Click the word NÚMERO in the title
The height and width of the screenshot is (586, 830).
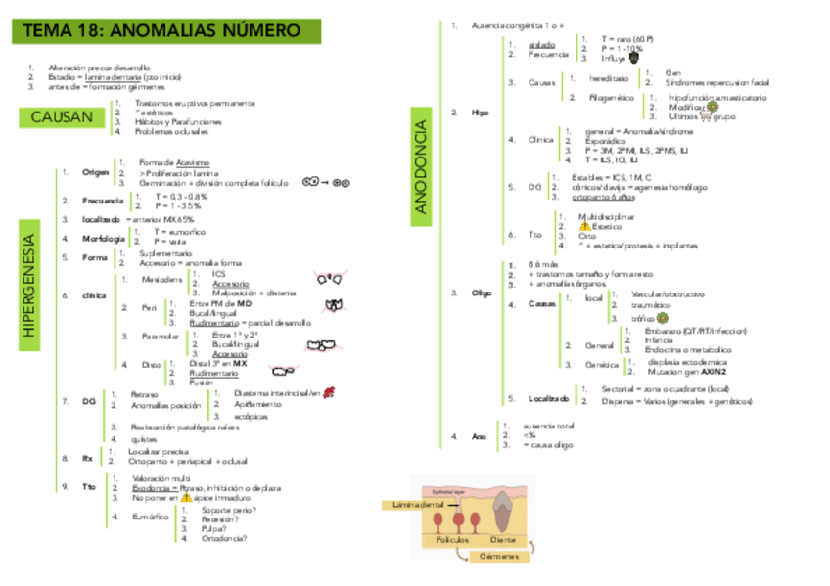(x=261, y=32)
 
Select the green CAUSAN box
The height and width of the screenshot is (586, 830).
(x=62, y=118)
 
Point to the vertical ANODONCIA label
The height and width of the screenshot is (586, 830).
(x=422, y=166)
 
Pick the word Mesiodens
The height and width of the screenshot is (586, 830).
(x=161, y=280)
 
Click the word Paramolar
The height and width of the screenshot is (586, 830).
(x=161, y=337)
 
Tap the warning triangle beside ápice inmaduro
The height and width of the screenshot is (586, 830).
(x=186, y=498)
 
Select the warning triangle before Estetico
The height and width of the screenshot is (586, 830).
(x=585, y=226)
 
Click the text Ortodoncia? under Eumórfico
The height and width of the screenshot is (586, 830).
(x=224, y=538)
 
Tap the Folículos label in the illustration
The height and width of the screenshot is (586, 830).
(x=453, y=539)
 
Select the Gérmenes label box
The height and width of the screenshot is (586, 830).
(x=498, y=556)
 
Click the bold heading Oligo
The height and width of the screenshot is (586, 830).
(x=482, y=293)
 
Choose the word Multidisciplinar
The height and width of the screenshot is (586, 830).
(x=609, y=215)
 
